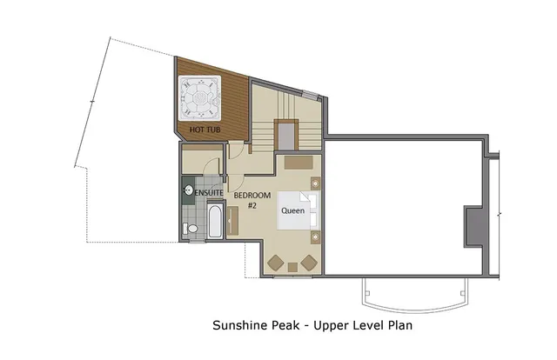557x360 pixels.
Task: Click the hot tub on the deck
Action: pyautogui.click(x=200, y=98)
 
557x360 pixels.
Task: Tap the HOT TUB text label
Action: pyautogui.click(x=205, y=130)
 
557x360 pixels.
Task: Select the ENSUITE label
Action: pyautogui.click(x=210, y=191)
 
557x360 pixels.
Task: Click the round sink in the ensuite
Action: pyautogui.click(x=188, y=190)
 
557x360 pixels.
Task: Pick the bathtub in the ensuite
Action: pyautogui.click(x=215, y=220)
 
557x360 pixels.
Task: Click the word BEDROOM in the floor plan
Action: pyautogui.click(x=252, y=195)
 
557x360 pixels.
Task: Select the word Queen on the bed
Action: pyautogui.click(x=292, y=210)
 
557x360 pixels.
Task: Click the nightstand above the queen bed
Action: pyautogui.click(x=314, y=183)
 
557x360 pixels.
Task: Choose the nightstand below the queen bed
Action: pyautogui.click(x=313, y=237)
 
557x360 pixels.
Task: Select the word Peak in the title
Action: pyautogui.click(x=289, y=327)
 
